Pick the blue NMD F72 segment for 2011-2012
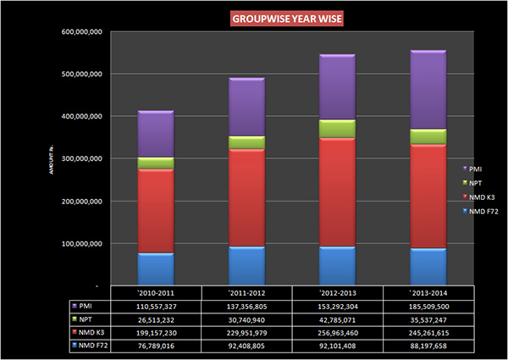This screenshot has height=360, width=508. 247,265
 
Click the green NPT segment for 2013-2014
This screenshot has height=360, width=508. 428,136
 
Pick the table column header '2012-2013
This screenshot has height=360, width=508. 337,292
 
